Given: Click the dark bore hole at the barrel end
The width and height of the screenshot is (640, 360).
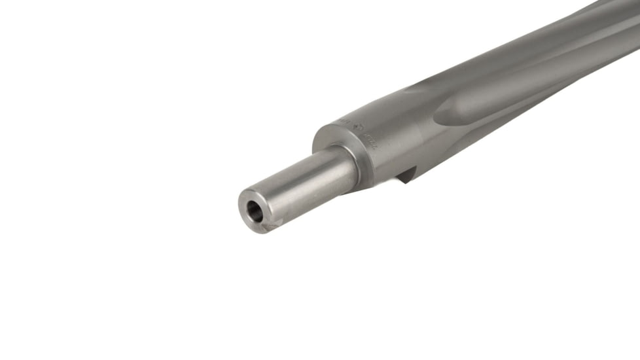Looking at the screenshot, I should click(x=254, y=211).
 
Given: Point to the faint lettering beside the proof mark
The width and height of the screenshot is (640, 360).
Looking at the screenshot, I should click(x=340, y=123).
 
